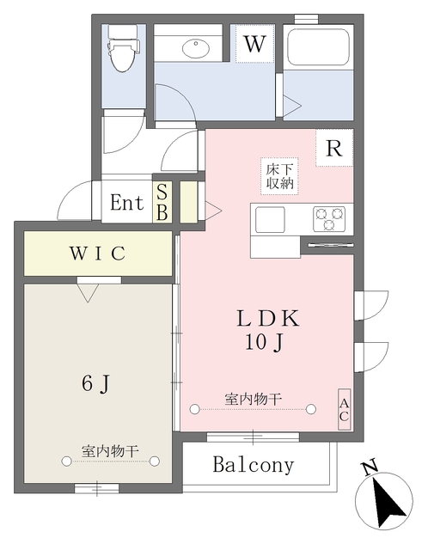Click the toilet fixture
[x=124, y=48]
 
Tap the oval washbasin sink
[x=195, y=48]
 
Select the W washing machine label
[x=254, y=44]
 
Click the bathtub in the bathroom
[x=318, y=46]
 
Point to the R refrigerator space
[x=334, y=148]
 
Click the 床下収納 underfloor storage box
[x=279, y=176]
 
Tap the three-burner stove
[x=329, y=219]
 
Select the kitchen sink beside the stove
[x=270, y=220]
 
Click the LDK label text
[x=268, y=319]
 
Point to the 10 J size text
[x=264, y=342]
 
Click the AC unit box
[x=344, y=409]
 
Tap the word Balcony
[x=254, y=465]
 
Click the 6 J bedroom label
[x=96, y=383]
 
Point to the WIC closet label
[x=97, y=254]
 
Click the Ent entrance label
[x=126, y=203]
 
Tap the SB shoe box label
[x=162, y=202]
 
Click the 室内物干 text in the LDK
[x=254, y=399]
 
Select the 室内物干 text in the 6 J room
[x=110, y=451]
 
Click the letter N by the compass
[x=370, y=467]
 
